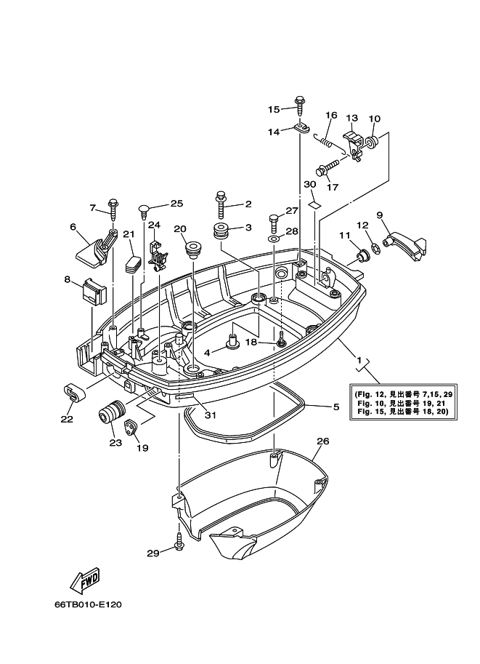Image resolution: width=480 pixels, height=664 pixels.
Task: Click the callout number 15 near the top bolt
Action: (273, 109)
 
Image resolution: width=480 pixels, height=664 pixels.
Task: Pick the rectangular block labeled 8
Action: (93, 292)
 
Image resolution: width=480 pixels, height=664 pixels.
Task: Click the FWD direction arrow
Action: (85, 581)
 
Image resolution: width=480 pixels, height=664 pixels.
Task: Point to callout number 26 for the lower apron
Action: (323, 441)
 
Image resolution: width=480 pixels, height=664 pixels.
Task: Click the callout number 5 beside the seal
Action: (335, 407)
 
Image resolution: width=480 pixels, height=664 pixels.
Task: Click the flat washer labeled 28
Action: (273, 238)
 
